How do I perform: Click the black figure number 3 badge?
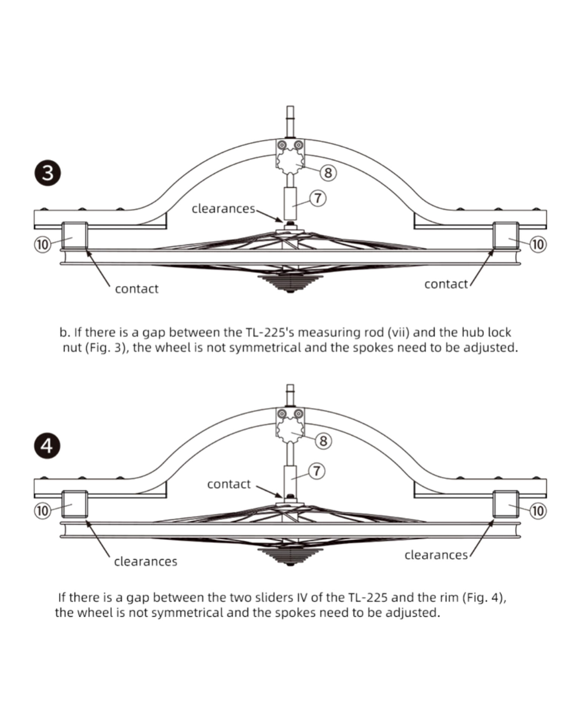[48, 174]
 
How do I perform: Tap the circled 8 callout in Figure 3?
[328, 173]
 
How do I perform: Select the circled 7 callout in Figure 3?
[318, 198]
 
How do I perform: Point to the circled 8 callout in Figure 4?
[323, 441]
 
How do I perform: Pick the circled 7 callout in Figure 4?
[317, 471]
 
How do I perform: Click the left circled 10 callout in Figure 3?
[42, 245]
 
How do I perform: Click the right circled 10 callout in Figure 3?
[538, 244]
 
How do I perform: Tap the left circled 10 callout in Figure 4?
[42, 511]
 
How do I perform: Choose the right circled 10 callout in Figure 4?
[538, 511]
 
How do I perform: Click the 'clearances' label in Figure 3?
[223, 209]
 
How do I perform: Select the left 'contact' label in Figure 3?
[137, 289]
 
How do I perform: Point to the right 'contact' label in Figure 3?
[446, 284]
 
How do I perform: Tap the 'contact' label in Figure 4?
[229, 484]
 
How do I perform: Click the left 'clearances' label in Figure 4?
[145, 561]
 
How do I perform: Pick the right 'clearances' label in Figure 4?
[436, 555]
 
